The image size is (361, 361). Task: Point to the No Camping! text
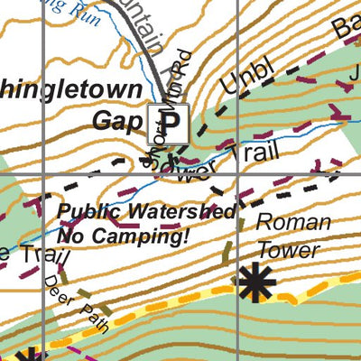[123, 236]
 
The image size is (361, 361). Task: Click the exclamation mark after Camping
[186, 236]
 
